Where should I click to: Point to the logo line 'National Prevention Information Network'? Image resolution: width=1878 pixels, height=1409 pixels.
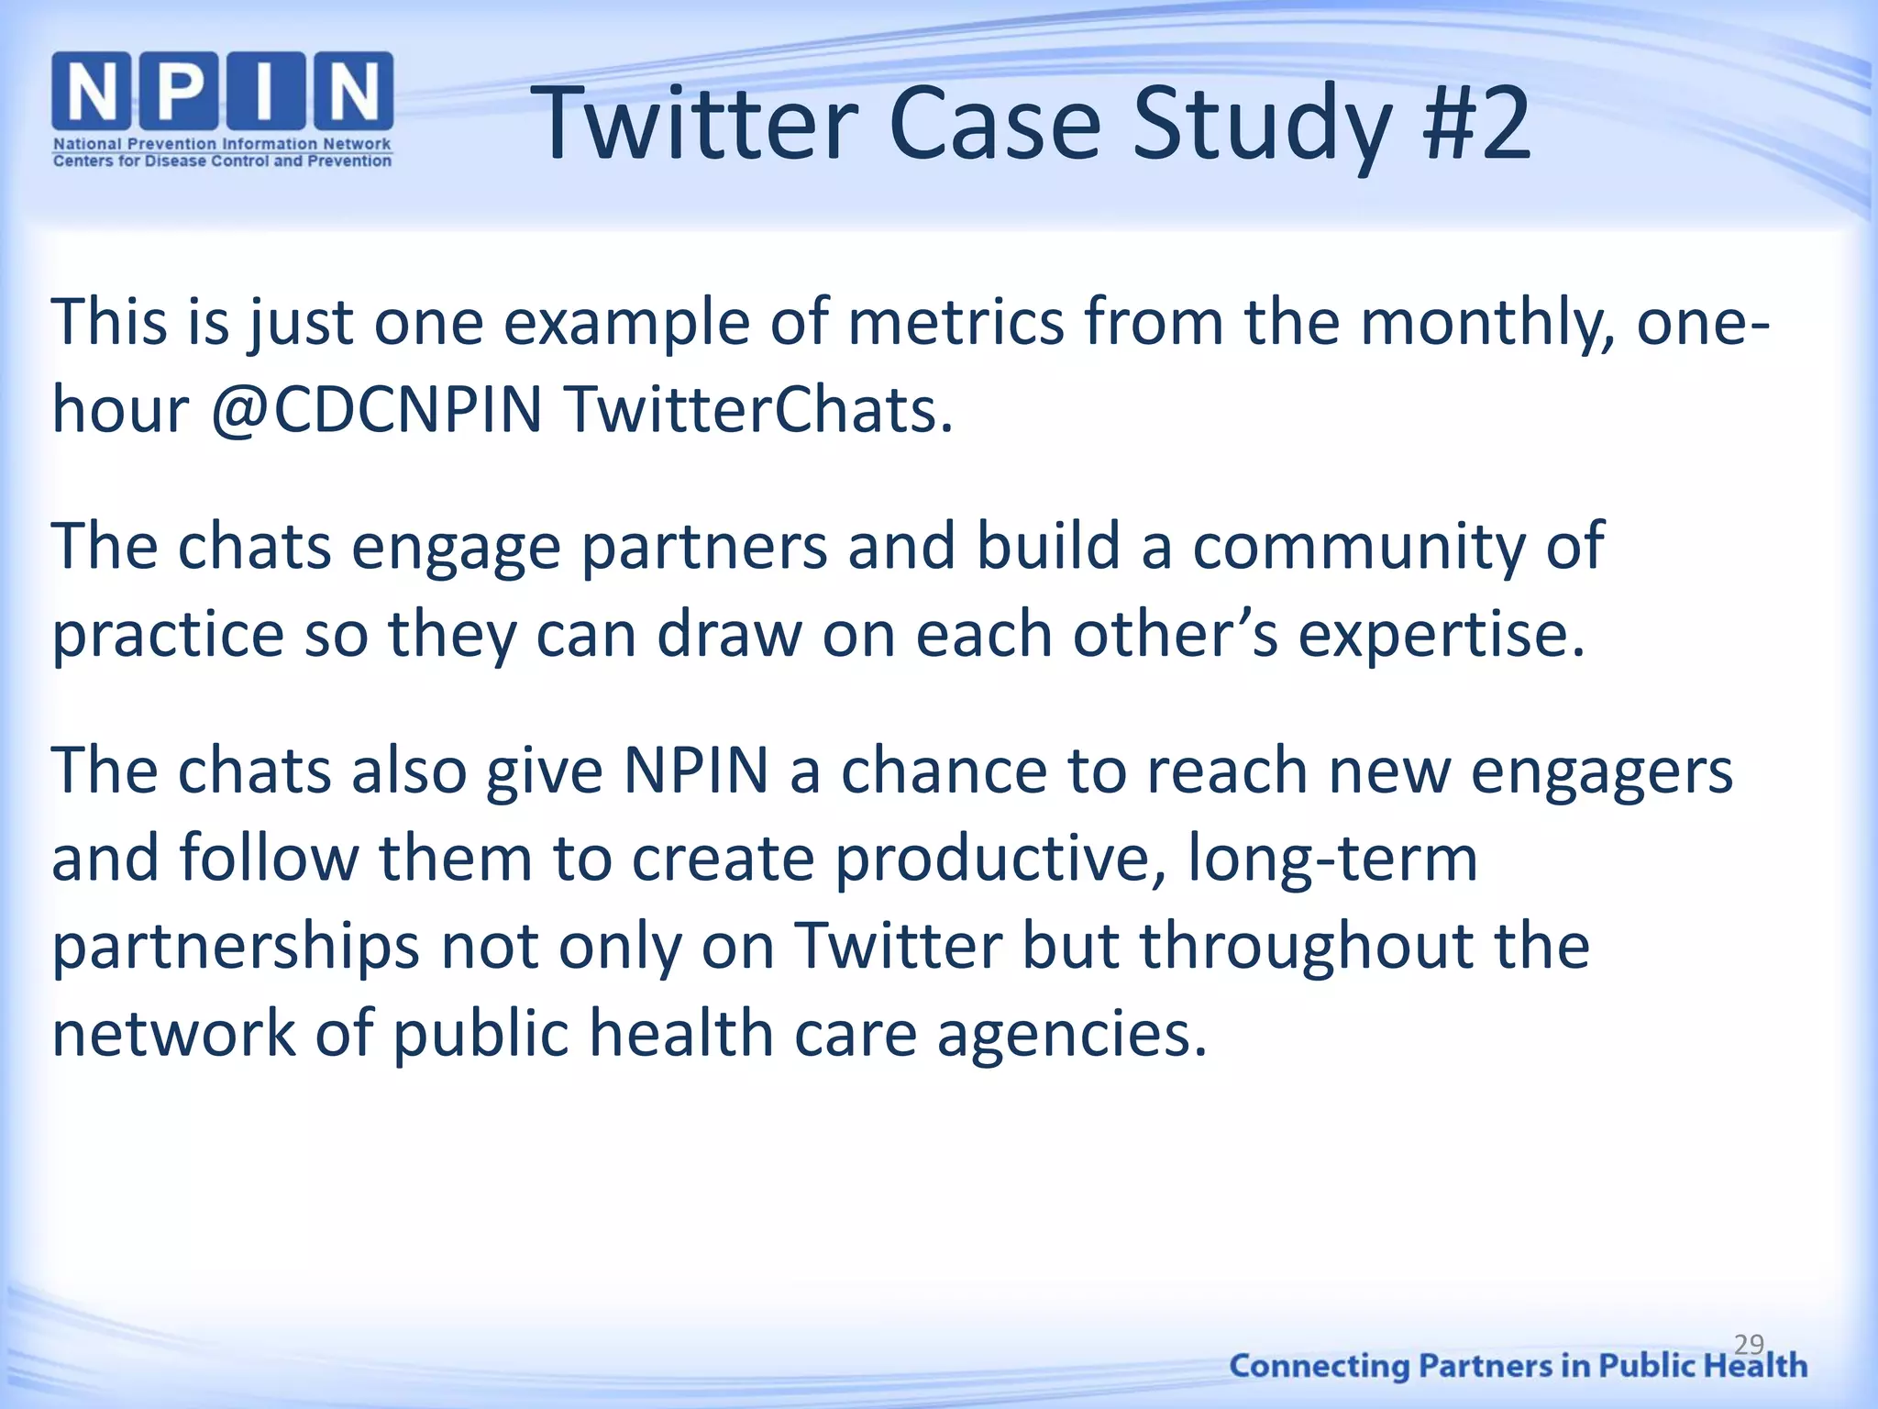coord(222,144)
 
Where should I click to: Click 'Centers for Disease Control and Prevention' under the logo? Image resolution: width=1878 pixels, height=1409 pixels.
coord(222,161)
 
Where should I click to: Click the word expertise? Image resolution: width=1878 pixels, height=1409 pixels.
coord(1442,635)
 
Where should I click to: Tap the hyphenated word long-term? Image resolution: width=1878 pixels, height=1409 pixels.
coord(1331,860)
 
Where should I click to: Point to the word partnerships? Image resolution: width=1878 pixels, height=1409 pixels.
coord(236,948)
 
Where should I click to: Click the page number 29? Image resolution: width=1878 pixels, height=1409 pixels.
coord(1749,1344)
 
